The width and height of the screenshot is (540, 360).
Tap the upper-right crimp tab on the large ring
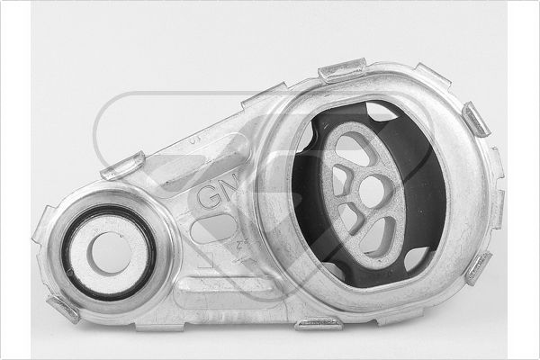coord(475,119)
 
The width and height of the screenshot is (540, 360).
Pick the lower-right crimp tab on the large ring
coord(478,267)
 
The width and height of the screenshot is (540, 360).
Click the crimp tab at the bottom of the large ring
coord(319,321)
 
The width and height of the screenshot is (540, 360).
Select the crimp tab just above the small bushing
coord(122,166)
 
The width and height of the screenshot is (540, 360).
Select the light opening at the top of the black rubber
coord(382,112)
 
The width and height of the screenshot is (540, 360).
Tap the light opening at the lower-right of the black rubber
coord(416,260)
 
